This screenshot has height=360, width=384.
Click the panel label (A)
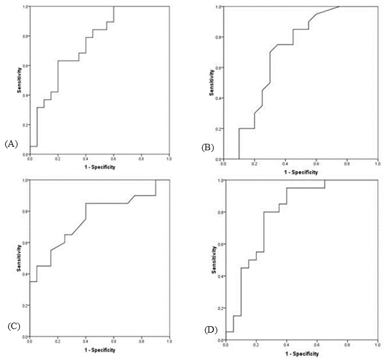point(12,144)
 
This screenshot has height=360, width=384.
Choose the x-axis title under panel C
point(99,351)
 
